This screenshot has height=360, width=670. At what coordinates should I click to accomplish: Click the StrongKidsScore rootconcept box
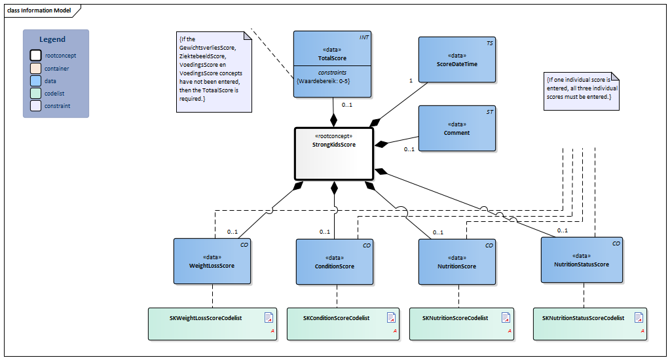coord(334,154)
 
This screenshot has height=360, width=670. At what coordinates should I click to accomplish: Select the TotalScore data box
coord(332,64)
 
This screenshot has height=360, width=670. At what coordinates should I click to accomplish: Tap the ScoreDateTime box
coord(456,60)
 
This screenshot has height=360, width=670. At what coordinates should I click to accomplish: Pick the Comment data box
coord(456,128)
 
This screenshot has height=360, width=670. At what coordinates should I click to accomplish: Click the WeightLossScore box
coord(212,261)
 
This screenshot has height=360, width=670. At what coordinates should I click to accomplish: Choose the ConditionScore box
coord(335,262)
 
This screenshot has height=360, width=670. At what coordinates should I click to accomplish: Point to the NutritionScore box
coord(456,262)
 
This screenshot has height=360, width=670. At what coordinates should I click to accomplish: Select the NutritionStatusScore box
coord(582,260)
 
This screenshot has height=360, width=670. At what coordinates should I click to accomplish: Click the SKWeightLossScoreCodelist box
coord(212,324)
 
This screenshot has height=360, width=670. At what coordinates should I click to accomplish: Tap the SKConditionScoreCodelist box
coord(343,324)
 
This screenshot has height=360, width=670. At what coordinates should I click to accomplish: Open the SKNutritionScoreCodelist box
coord(462,324)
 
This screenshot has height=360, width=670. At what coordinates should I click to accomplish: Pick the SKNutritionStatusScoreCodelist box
coord(590,324)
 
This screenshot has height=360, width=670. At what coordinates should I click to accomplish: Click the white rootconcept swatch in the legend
coord(36,56)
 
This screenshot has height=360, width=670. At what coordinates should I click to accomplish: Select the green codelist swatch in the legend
coord(36,93)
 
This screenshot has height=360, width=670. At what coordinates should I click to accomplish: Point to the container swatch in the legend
coord(36,68)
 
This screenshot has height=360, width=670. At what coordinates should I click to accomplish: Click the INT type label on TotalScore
coord(363,37)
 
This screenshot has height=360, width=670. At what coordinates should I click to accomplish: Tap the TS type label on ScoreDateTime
coord(490,43)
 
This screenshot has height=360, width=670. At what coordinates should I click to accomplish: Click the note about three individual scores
coord(582,92)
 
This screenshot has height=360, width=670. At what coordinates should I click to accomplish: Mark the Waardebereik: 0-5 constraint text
coord(323,81)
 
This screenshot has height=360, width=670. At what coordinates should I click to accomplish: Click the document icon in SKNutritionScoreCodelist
coord(506,317)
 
